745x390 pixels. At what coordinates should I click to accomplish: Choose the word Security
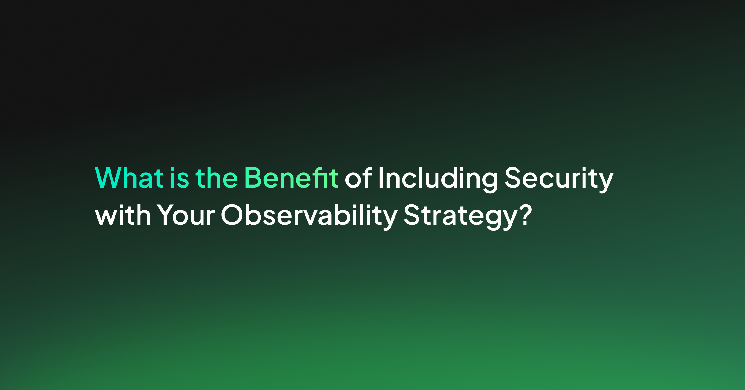click(559, 179)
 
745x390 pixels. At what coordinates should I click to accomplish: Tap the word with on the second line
click(123, 215)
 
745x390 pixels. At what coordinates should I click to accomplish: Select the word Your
click(186, 215)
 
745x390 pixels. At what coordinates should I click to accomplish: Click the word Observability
click(309, 216)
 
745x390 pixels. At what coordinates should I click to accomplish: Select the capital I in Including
click(381, 178)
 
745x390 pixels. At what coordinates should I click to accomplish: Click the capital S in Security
click(513, 178)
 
